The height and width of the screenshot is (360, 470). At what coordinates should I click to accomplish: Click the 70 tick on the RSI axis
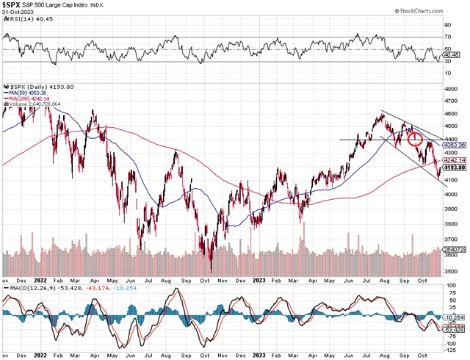[447, 35]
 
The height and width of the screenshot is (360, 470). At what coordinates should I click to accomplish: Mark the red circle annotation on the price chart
[414, 138]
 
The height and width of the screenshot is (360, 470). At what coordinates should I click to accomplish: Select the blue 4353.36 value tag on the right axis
[455, 145]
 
